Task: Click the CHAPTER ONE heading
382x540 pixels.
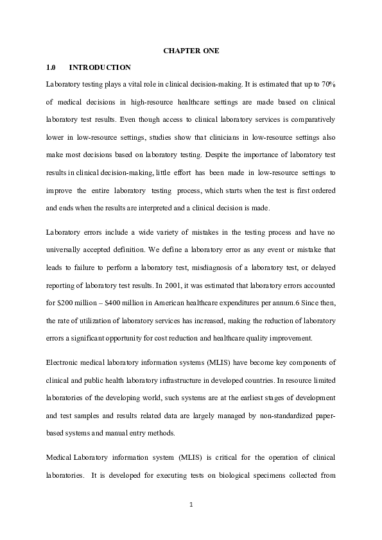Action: pos(191,51)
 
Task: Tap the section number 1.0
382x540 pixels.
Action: pos(52,67)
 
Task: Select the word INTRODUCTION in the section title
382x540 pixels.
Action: pos(100,67)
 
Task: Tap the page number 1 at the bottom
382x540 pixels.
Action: pos(191,504)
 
